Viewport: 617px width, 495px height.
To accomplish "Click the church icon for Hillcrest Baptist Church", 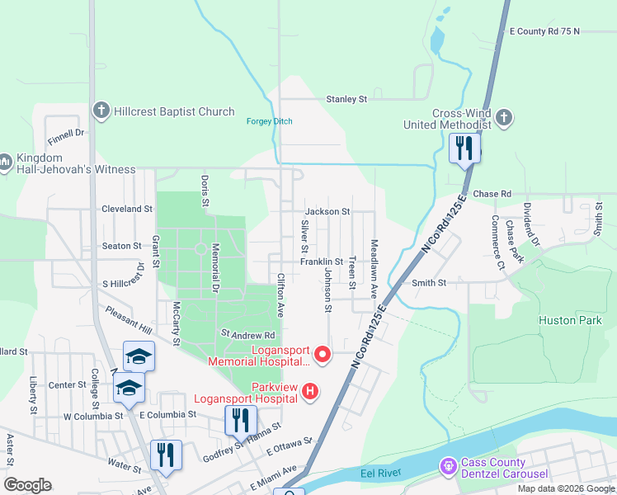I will (x=101, y=111).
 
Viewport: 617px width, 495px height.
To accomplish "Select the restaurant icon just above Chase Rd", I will (x=464, y=148).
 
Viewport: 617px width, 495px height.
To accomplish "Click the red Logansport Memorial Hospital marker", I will (x=323, y=355).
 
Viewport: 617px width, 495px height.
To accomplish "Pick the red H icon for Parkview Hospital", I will (x=310, y=390).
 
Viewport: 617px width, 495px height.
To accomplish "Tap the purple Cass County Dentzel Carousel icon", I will (x=448, y=467).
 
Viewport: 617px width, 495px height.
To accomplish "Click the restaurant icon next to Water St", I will (x=166, y=455).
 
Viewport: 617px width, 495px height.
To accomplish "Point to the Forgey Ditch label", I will (x=269, y=122).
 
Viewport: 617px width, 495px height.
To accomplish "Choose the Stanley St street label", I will (x=346, y=99).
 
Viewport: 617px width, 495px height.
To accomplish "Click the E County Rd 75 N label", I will (x=544, y=31).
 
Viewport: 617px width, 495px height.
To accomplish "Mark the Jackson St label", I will (x=327, y=211).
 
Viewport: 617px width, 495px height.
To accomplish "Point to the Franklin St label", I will (x=321, y=262).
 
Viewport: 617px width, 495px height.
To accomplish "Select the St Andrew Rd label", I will (x=247, y=335).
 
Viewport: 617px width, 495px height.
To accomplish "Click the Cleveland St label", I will (x=127, y=210).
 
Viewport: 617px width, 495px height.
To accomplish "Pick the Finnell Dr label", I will (x=66, y=133).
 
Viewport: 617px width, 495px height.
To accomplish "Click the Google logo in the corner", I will (x=27, y=485).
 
